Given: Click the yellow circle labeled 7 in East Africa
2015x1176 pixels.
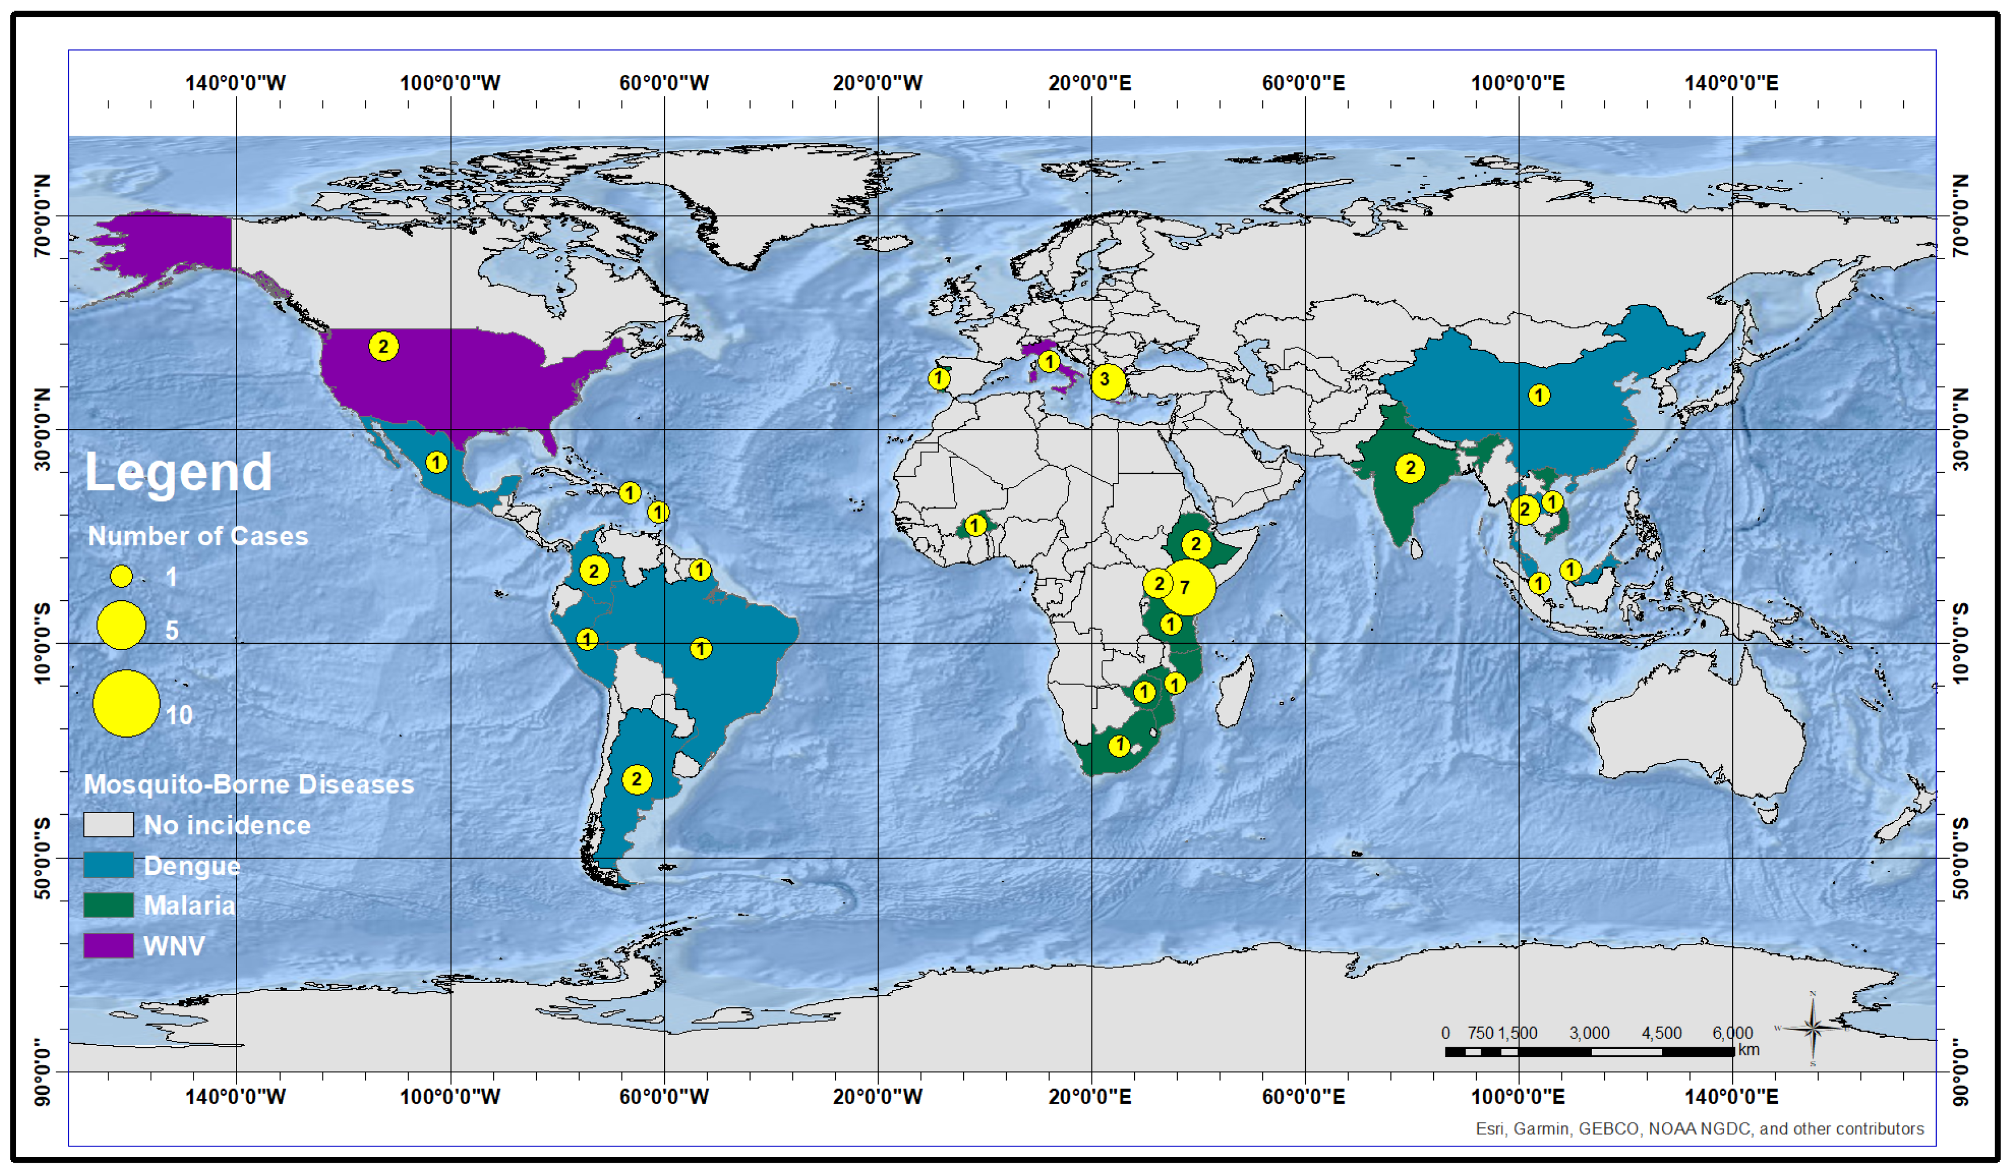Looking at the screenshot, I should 1187,587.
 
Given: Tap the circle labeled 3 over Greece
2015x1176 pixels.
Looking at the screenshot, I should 1107,381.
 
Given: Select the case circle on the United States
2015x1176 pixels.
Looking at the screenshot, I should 384,346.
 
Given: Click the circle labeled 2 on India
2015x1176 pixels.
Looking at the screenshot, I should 1410,468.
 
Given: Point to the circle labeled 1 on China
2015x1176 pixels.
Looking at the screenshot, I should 1539,394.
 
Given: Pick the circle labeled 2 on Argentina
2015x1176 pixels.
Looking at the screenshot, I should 636,779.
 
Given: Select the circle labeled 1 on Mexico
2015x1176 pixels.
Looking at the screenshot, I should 436,462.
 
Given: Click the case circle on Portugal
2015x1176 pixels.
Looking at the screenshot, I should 939,379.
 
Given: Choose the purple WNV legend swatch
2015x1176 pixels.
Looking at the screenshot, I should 109,946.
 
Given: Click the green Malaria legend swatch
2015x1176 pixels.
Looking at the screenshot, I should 109,905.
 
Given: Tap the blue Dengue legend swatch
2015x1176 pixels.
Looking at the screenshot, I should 109,865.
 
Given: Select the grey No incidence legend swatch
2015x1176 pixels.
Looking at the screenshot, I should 109,825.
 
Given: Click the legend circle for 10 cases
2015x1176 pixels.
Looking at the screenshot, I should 126,703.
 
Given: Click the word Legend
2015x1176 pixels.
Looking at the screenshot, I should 178,472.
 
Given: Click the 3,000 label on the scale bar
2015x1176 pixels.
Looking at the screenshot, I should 1589,1033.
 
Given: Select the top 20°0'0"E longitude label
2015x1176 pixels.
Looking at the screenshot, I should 1090,83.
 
